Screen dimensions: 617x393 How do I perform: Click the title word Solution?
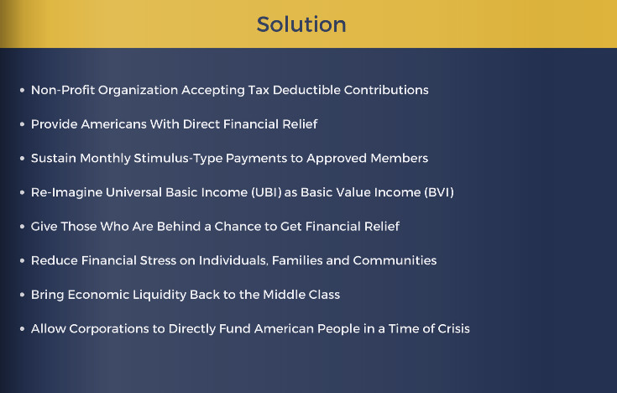tap(301, 24)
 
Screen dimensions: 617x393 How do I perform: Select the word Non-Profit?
tap(63, 90)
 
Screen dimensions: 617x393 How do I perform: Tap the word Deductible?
tap(306, 90)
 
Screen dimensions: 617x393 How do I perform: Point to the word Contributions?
tap(386, 90)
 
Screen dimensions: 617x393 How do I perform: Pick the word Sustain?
tap(54, 159)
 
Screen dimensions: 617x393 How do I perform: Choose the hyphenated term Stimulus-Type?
tap(178, 159)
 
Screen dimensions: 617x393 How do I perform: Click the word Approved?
tap(337, 159)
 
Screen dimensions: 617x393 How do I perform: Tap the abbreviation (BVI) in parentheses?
tap(439, 192)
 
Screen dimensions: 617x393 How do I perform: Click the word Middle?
tap(285, 295)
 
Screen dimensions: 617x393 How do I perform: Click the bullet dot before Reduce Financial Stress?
tap(22, 260)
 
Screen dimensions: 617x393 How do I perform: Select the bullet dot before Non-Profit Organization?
tap(22, 90)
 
